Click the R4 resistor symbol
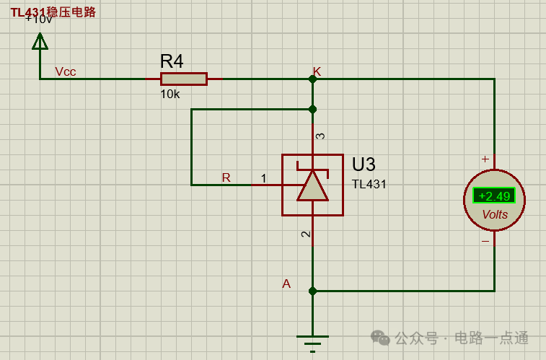tap(183, 79)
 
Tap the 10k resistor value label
tap(170, 95)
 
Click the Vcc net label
tap(66, 71)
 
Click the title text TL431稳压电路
tap(53, 12)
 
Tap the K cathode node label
tap(317, 71)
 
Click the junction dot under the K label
tap(312, 79)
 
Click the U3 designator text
tap(364, 164)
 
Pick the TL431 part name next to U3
tap(369, 184)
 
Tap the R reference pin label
tap(226, 177)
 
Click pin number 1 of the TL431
tap(263, 178)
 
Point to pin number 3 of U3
tap(321, 136)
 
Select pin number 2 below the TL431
tap(306, 234)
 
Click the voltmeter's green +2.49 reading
tap(494, 196)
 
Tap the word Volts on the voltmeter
tap(495, 214)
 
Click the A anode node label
tap(286, 284)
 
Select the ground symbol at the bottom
tap(312, 339)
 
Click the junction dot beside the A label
tap(312, 291)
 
